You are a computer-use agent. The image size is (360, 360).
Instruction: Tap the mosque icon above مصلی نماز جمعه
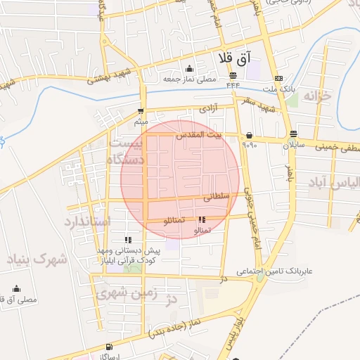(188, 68)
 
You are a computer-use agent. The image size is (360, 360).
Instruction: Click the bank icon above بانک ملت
(279, 78)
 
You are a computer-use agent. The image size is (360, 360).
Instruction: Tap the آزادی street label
(208, 110)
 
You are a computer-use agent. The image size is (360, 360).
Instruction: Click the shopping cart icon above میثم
(141, 111)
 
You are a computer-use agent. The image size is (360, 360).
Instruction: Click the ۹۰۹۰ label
(250, 145)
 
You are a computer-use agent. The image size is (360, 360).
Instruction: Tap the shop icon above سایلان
(292, 134)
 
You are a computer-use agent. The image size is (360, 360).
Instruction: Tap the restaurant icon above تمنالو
(202, 219)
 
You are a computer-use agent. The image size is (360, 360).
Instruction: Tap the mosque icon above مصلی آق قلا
(17, 289)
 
